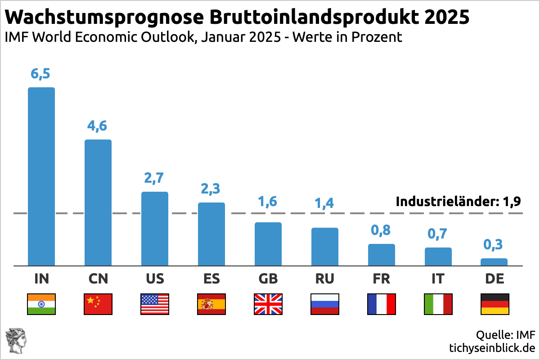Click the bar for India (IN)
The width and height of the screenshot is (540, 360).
click(x=41, y=176)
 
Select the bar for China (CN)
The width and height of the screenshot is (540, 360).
click(x=98, y=202)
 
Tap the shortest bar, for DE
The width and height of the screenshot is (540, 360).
click(x=494, y=262)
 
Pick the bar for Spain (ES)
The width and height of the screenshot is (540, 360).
click(x=211, y=234)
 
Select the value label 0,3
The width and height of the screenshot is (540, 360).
click(x=493, y=245)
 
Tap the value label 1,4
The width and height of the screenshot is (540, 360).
click(x=324, y=203)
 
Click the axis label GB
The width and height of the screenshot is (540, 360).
click(x=268, y=279)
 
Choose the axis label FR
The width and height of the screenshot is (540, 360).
click(x=382, y=279)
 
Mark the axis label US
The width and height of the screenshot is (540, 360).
click(x=155, y=279)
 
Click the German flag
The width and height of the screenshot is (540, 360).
click(x=495, y=304)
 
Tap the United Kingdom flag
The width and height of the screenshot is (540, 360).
click(x=268, y=304)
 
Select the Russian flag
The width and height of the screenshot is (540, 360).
click(x=325, y=304)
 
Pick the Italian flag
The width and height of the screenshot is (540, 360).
click(x=438, y=304)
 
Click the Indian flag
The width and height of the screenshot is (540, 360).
click(x=41, y=304)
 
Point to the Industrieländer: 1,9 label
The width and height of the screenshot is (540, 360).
click(x=458, y=202)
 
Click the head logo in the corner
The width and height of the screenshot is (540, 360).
click(x=16, y=341)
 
